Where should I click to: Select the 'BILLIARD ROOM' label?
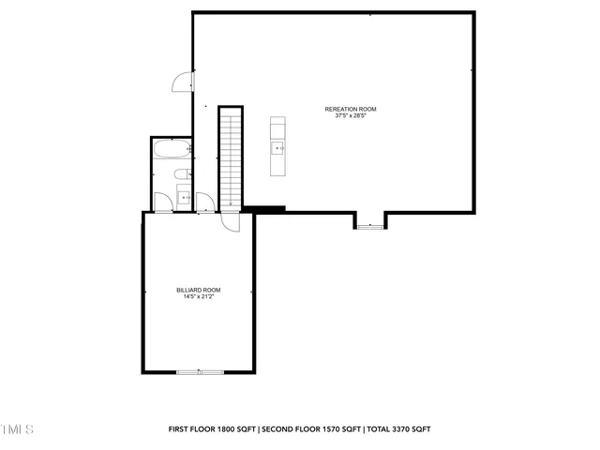point(199,290)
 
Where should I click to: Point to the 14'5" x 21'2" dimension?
point(199,297)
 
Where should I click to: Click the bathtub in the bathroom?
point(173,150)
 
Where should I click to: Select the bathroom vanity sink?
point(184,197)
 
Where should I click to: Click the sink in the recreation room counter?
point(278,148)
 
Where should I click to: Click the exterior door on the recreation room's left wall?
point(182,82)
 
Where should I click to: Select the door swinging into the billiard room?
point(229,221)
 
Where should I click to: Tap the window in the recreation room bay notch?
point(369,227)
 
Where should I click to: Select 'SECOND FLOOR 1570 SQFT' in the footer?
point(311,428)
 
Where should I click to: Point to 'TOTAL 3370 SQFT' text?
point(399,428)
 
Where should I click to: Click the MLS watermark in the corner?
point(16,429)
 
